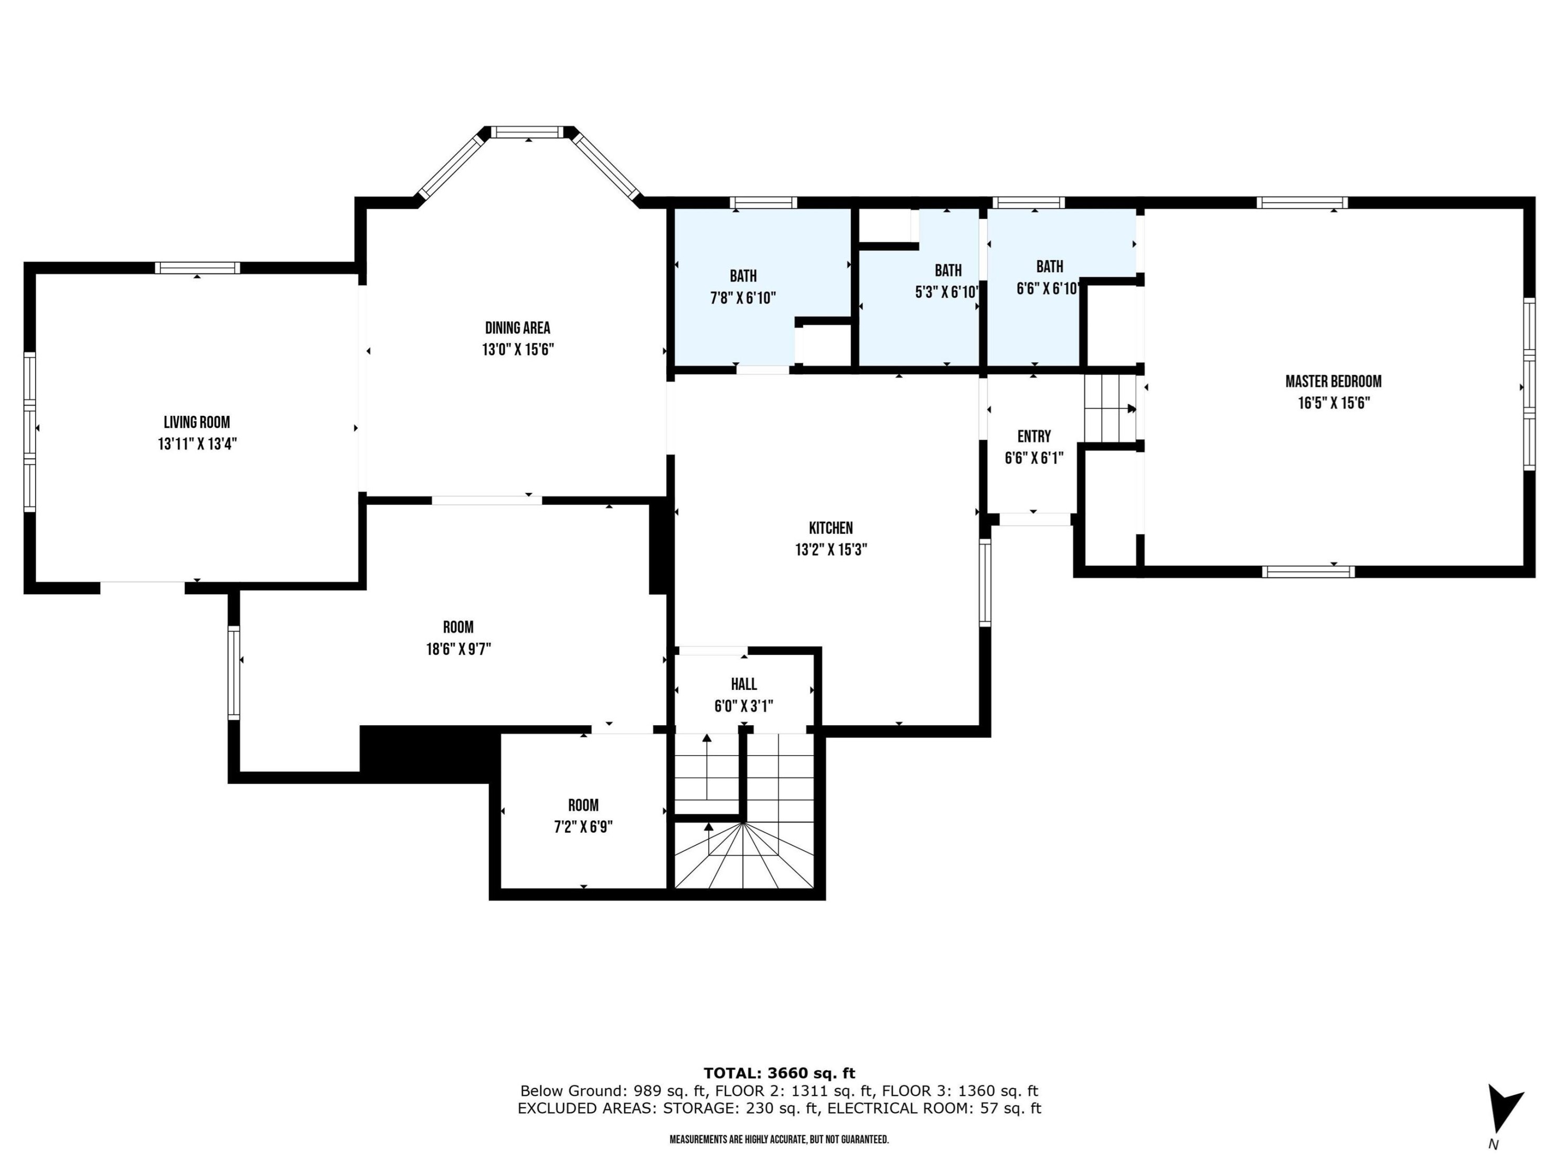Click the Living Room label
(197, 422)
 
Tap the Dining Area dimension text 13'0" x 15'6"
(518, 349)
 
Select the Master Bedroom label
(1333, 381)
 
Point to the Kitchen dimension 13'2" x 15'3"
(831, 549)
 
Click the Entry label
(1034, 436)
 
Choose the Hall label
(743, 684)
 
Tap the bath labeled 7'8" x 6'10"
(743, 287)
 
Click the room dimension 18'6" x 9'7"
(458, 649)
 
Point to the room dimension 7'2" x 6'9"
(583, 827)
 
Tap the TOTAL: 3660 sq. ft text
(779, 1073)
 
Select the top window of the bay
(528, 132)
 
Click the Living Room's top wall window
(197, 267)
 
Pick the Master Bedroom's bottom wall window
(1308, 571)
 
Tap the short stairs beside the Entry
(1110, 408)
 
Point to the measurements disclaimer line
(779, 1139)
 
